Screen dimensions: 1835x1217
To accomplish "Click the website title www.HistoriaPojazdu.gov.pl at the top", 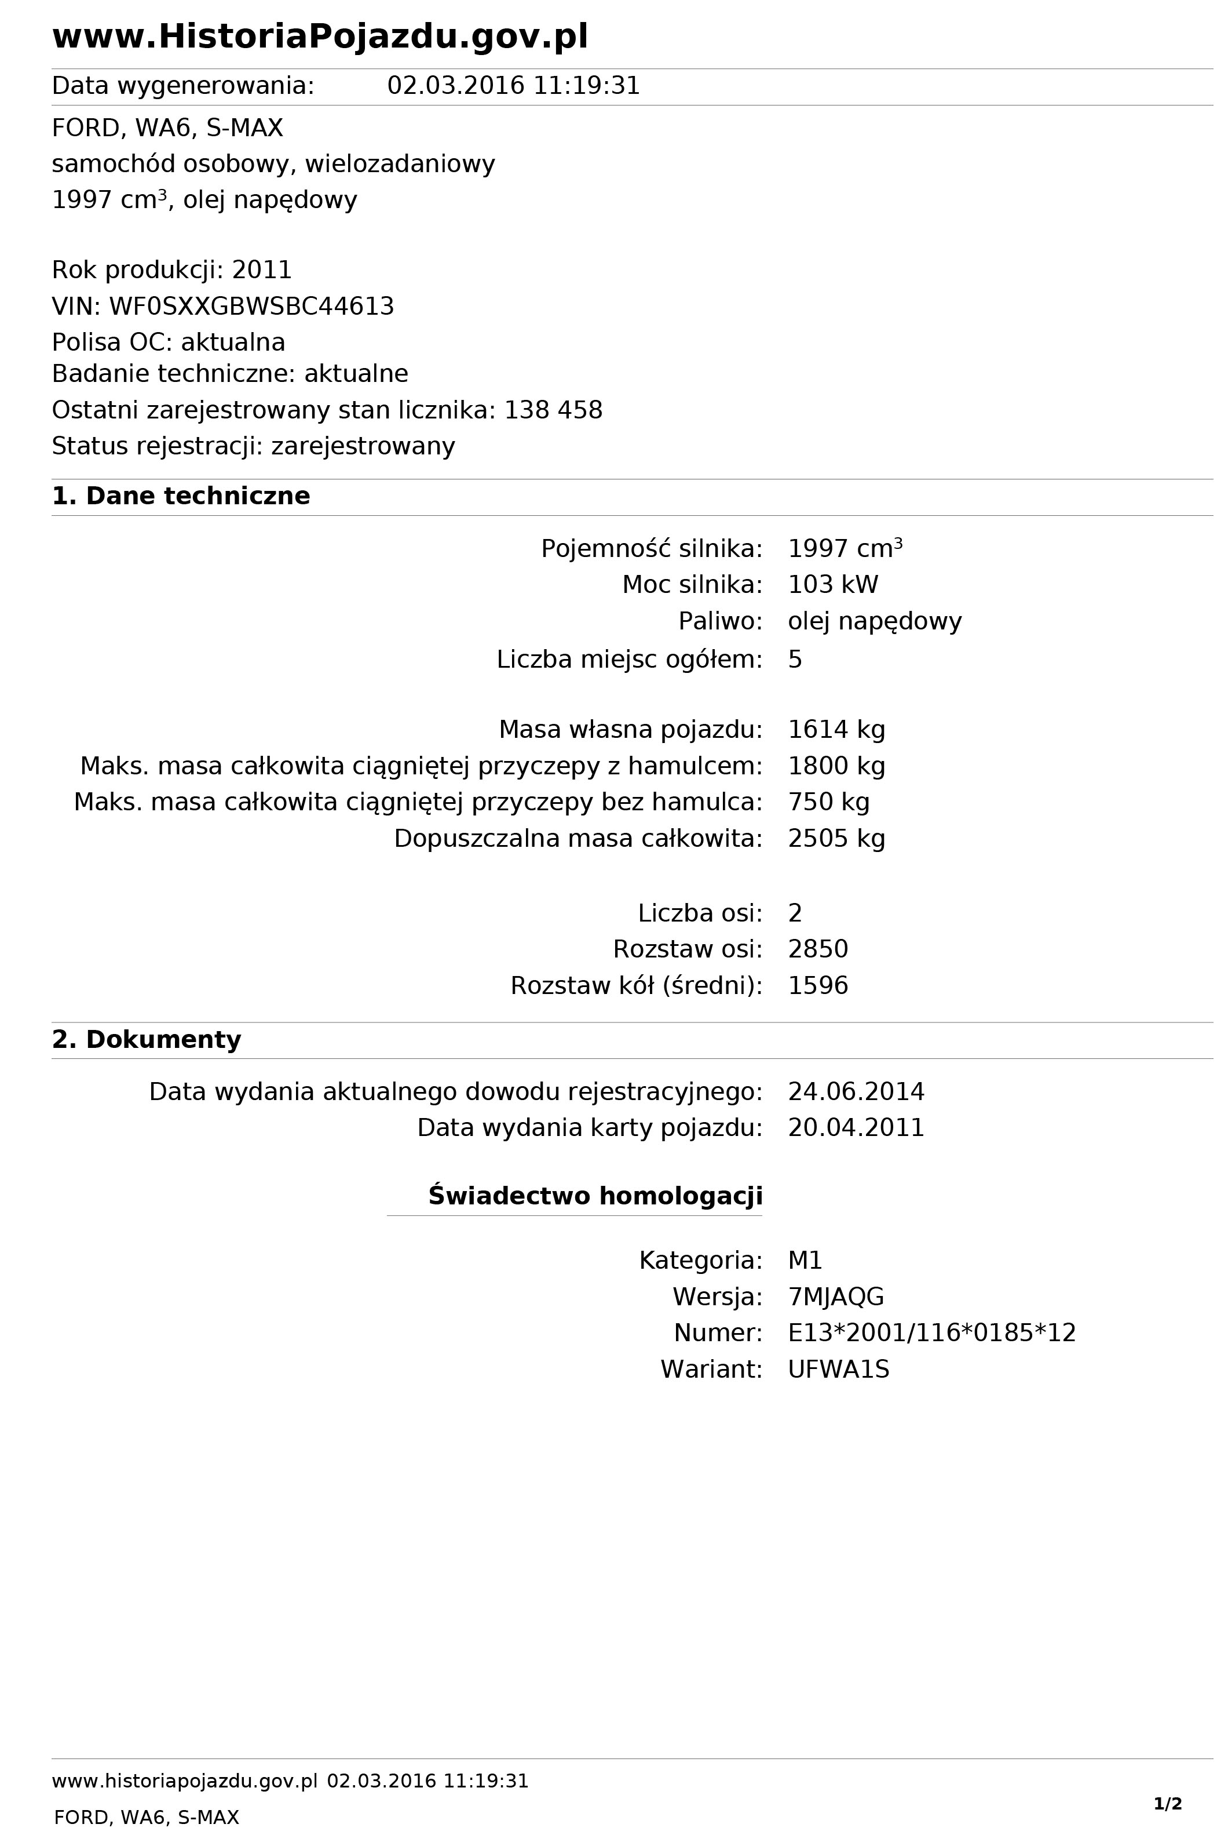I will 320,37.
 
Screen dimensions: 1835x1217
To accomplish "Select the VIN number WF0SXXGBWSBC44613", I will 251,307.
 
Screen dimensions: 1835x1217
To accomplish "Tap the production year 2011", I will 262,270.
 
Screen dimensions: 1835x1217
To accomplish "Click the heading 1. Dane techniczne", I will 181,496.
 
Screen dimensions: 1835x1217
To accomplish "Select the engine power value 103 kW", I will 833,585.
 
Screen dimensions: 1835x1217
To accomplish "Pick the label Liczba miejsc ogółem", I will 628,660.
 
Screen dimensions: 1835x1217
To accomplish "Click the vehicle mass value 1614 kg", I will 836,730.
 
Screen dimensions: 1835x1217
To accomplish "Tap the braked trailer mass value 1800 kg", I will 836,766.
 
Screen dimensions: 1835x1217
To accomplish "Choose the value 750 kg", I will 828,802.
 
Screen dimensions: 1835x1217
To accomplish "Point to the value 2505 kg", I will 836,839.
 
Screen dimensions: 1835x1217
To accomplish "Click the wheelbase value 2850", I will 817,949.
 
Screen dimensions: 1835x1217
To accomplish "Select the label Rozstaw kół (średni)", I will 635,985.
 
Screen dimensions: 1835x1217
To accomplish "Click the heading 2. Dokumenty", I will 147,1040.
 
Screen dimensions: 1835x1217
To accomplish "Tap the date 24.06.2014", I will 856,1092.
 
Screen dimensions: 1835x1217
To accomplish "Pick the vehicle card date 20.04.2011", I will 856,1127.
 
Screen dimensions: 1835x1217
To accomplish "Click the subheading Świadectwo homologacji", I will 594,1196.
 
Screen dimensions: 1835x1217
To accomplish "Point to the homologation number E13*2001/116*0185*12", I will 931,1332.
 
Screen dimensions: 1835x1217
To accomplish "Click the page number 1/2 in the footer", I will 1167,1782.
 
